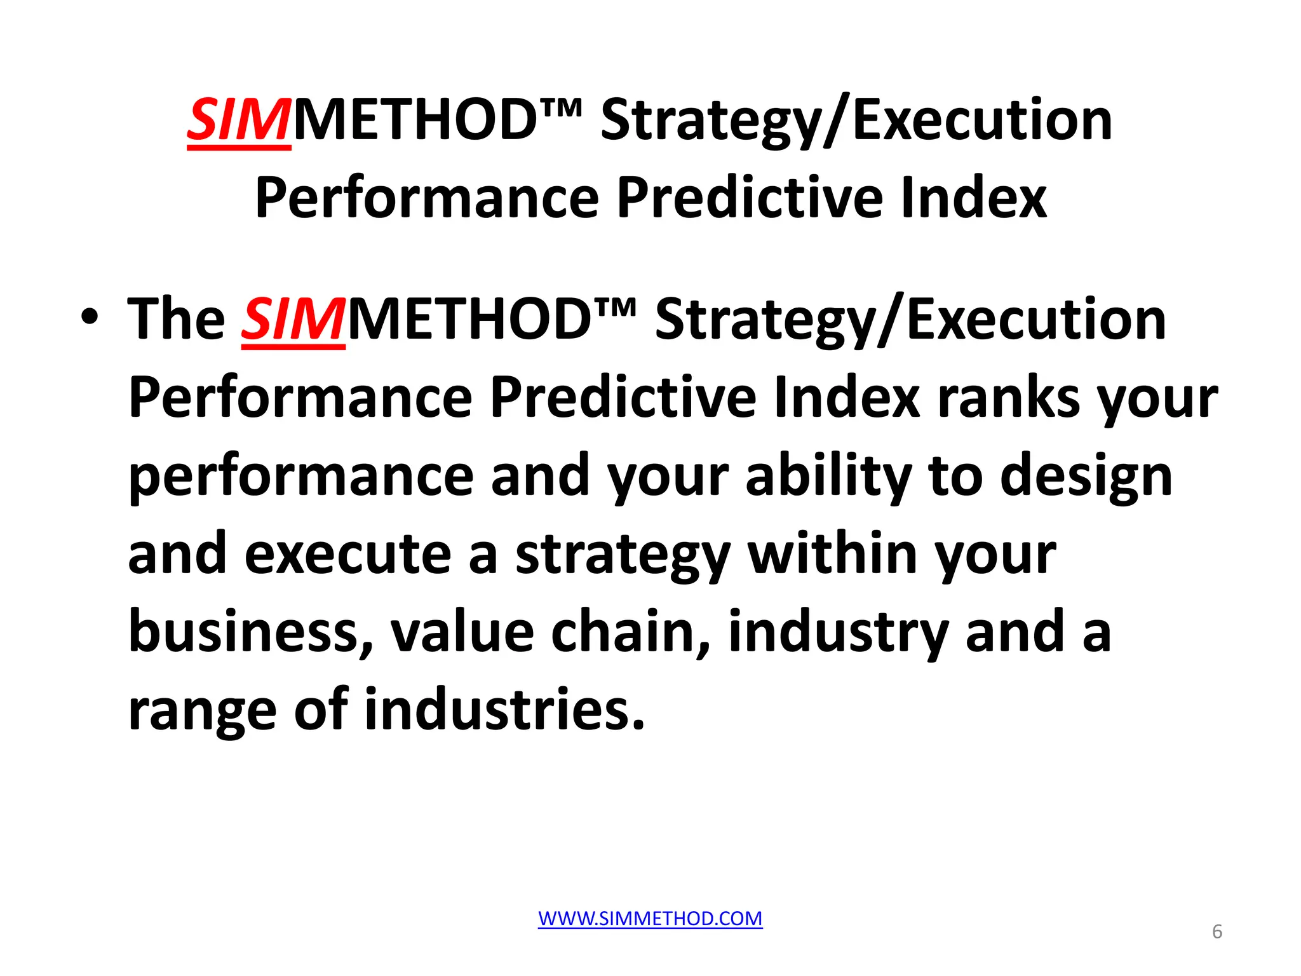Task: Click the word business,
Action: [x=250, y=632]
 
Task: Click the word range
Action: [x=202, y=710]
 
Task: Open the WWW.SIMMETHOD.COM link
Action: [x=650, y=918]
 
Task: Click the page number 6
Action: [x=1217, y=932]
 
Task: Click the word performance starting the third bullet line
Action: [x=301, y=478]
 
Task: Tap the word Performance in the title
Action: [x=427, y=199]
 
